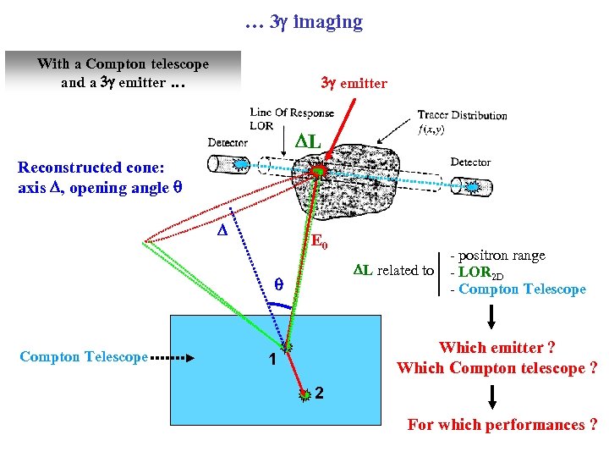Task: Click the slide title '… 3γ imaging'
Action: pyautogui.click(x=304, y=22)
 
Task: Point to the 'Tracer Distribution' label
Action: pyautogui.click(x=462, y=116)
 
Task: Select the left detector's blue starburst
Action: pyautogui.click(x=241, y=164)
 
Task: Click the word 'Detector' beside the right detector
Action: pyautogui.click(x=470, y=162)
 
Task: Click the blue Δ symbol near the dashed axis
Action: pyautogui.click(x=222, y=230)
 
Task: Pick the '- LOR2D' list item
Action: pyautogui.click(x=478, y=273)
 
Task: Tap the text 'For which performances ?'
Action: pyautogui.click(x=502, y=425)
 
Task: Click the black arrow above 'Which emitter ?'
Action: pyautogui.click(x=492, y=317)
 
